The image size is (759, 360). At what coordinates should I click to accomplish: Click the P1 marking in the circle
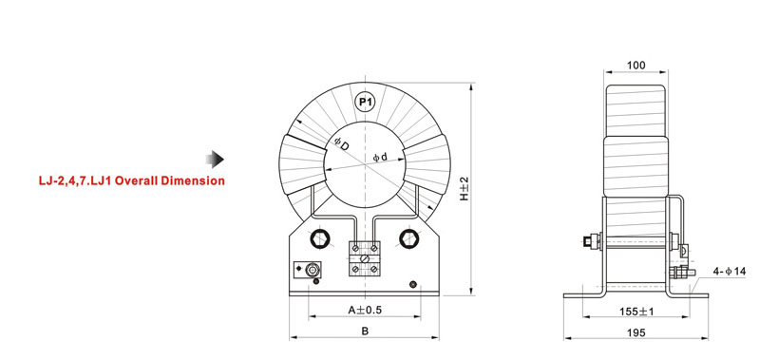pyautogui.click(x=365, y=101)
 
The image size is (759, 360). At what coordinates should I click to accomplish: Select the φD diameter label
pyautogui.click(x=341, y=144)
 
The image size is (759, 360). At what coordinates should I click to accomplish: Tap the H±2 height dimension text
pyautogui.click(x=465, y=187)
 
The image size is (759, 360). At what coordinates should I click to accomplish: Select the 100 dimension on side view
pyautogui.click(x=636, y=66)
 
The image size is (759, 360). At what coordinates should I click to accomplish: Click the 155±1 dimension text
pyautogui.click(x=637, y=311)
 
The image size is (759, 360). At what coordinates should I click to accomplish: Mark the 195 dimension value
pyautogui.click(x=636, y=332)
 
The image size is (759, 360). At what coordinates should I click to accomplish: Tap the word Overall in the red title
pyautogui.click(x=142, y=180)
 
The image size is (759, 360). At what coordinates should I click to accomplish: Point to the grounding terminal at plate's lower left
pyautogui.click(x=311, y=270)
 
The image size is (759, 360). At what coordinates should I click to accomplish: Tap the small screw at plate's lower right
pyautogui.click(x=411, y=285)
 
